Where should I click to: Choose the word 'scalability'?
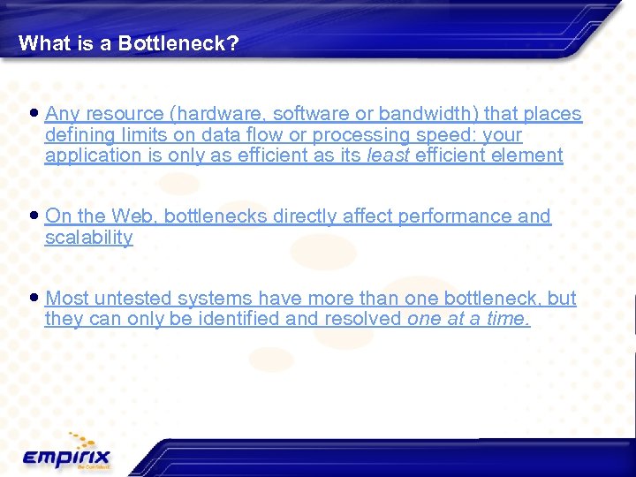[x=88, y=238]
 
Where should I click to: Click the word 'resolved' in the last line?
[x=364, y=319]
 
